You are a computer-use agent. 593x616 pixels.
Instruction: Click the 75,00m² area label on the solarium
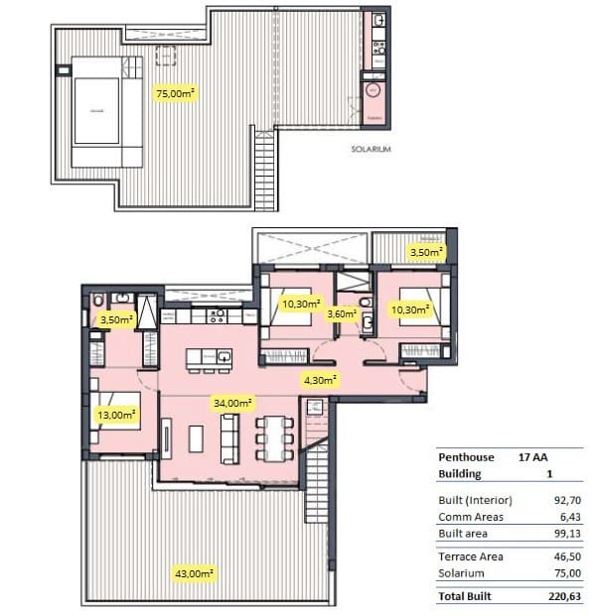175,93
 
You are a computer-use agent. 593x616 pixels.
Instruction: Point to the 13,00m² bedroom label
116,415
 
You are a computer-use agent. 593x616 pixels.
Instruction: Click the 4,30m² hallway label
320,378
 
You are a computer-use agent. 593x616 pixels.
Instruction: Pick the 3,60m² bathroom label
342,313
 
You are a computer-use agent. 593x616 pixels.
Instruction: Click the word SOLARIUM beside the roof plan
371,149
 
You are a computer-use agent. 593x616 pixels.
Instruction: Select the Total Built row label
464,597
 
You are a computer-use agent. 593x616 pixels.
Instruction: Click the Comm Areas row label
470,517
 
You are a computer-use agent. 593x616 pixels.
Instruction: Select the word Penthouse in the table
466,458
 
